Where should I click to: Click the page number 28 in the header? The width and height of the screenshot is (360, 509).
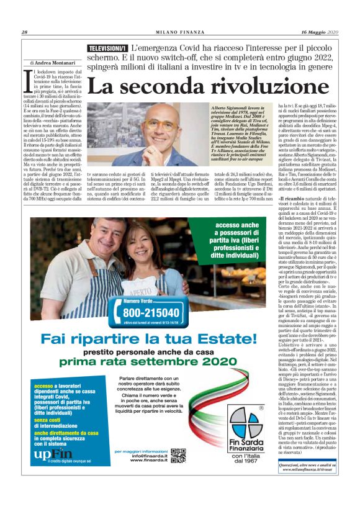[24, 32]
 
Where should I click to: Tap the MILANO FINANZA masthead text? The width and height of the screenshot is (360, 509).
[180, 32]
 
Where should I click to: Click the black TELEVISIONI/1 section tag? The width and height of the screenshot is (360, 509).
[107, 48]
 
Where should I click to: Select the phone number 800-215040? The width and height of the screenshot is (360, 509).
[151, 312]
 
